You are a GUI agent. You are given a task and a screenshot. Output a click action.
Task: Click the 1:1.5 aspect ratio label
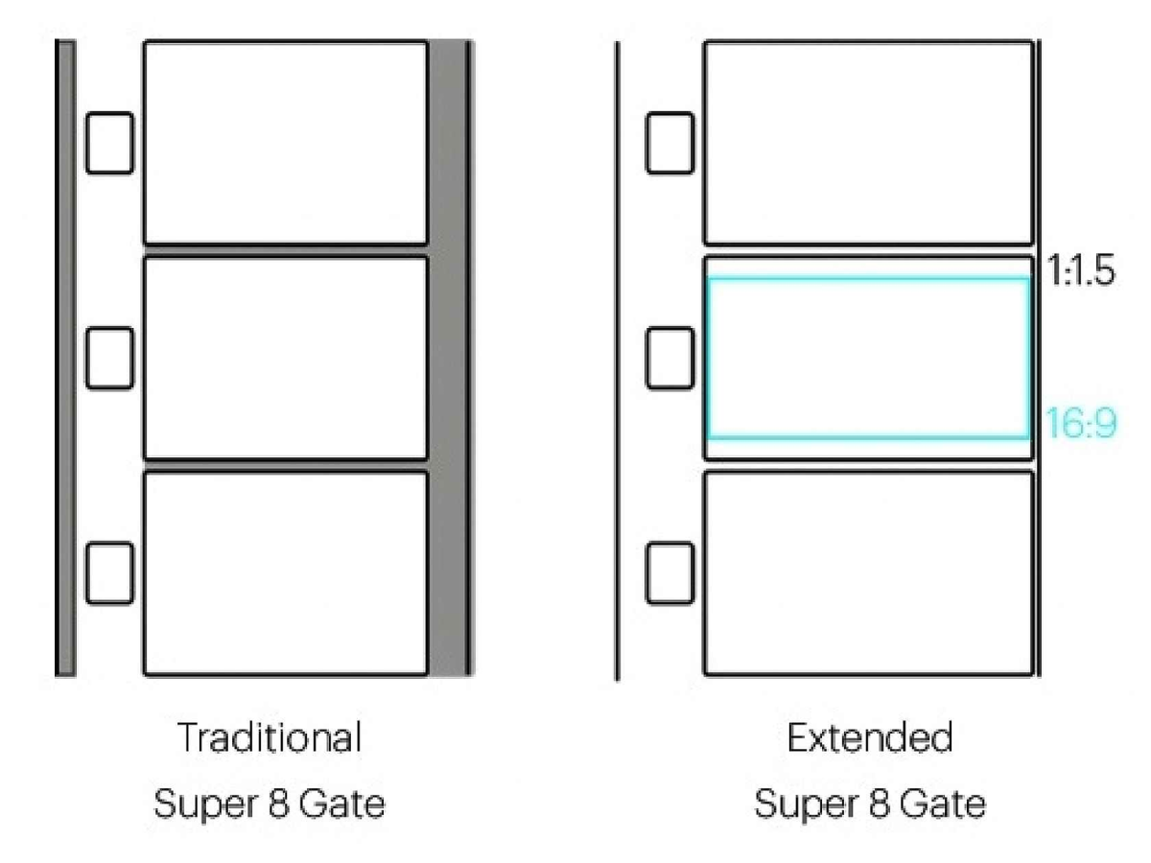[x=1081, y=272]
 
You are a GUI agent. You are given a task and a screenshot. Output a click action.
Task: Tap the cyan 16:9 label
[x=1081, y=423]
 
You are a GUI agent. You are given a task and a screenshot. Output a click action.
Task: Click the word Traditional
[x=270, y=738]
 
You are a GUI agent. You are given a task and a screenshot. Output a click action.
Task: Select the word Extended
[x=870, y=738]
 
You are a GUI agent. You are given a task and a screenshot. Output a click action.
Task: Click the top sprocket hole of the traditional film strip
[x=109, y=143]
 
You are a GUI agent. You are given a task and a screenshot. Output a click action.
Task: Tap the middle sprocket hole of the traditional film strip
[x=109, y=358]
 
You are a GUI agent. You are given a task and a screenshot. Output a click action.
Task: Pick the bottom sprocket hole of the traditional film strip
[x=109, y=572]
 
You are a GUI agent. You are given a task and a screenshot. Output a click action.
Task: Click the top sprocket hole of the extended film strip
[x=669, y=143]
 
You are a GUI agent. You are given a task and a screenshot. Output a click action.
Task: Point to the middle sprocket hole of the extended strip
[x=669, y=358]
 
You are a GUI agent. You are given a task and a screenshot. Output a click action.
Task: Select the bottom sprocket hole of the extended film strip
[x=669, y=572]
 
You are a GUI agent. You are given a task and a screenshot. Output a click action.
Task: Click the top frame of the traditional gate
[x=285, y=142]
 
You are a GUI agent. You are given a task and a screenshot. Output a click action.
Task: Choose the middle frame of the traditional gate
[x=285, y=358]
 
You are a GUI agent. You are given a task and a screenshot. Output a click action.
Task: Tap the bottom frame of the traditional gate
[x=285, y=572]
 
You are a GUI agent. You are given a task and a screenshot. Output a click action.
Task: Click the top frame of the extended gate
[x=869, y=142]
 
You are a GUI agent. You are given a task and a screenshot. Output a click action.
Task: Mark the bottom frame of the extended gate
[x=869, y=572]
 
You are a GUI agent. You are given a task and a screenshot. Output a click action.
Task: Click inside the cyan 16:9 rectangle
[x=869, y=359]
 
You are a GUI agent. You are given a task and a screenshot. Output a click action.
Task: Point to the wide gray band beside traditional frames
[x=447, y=358]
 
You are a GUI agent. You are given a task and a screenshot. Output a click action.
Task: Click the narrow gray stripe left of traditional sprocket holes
[x=66, y=358]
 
